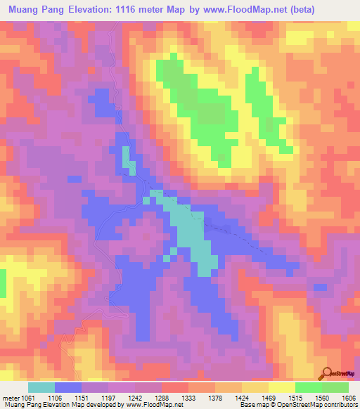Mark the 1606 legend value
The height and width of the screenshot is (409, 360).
[x=348, y=397]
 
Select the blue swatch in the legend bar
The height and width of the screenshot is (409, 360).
[x=68, y=387]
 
